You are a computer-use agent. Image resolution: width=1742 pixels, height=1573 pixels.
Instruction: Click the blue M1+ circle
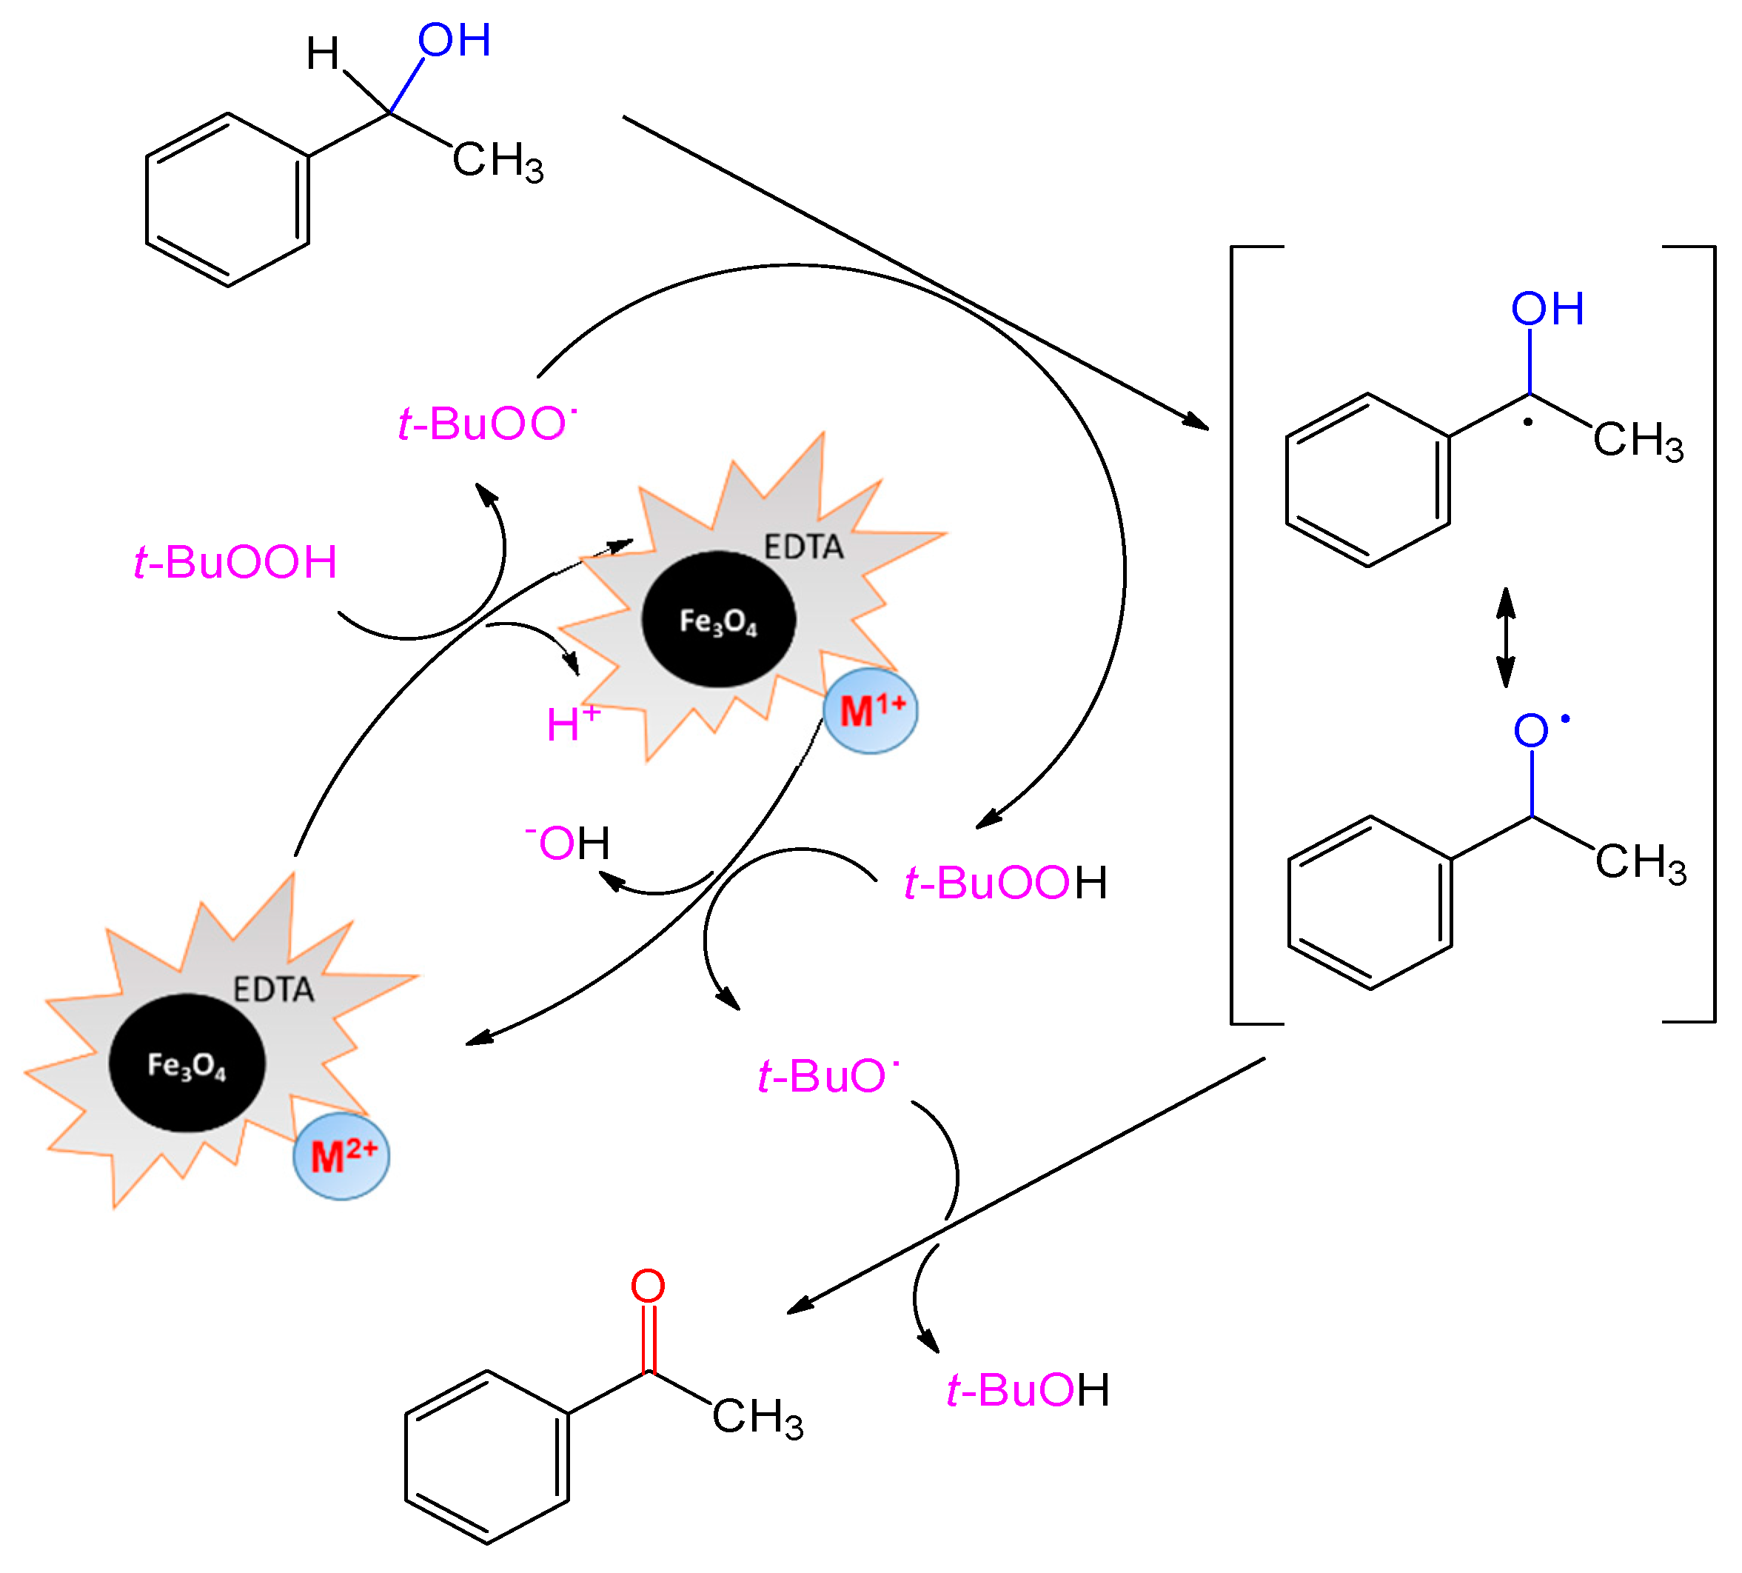click(x=869, y=711)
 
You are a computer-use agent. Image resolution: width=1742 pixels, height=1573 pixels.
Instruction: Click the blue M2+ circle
click(x=341, y=1156)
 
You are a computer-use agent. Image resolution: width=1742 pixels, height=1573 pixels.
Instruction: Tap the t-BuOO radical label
click(x=486, y=424)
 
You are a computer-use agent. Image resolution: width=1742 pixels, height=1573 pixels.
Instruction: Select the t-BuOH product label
click(x=1028, y=1391)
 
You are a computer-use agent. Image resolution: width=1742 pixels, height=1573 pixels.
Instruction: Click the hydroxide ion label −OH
click(x=569, y=843)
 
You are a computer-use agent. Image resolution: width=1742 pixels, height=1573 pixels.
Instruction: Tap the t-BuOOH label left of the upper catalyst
click(x=235, y=562)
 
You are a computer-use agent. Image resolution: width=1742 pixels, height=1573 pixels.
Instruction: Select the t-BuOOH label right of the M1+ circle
click(x=1005, y=884)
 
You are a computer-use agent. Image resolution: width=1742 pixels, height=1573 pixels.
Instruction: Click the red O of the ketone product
click(x=648, y=1286)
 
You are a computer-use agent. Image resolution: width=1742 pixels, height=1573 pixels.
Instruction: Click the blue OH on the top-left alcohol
click(x=455, y=41)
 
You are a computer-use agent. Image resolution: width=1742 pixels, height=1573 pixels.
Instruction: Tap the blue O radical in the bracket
click(x=1532, y=731)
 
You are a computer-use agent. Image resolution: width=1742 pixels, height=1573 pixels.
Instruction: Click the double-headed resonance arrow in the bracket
click(x=1506, y=638)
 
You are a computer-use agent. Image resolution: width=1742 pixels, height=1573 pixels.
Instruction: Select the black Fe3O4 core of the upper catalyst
click(x=718, y=620)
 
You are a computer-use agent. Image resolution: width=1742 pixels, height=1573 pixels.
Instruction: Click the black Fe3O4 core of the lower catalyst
click(x=187, y=1063)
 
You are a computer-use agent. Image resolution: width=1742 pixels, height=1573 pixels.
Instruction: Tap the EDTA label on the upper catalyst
click(x=803, y=547)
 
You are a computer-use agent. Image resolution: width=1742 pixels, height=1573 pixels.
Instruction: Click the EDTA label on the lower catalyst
click(x=273, y=989)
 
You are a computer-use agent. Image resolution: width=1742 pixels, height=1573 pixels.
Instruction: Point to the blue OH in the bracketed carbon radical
click(x=1547, y=310)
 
